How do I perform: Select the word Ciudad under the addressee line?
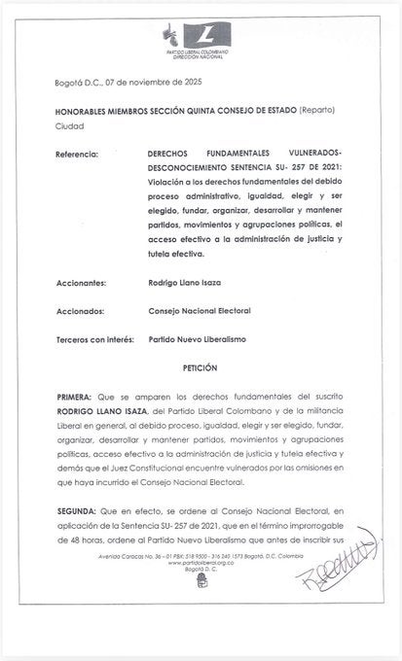coord(69,127)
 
